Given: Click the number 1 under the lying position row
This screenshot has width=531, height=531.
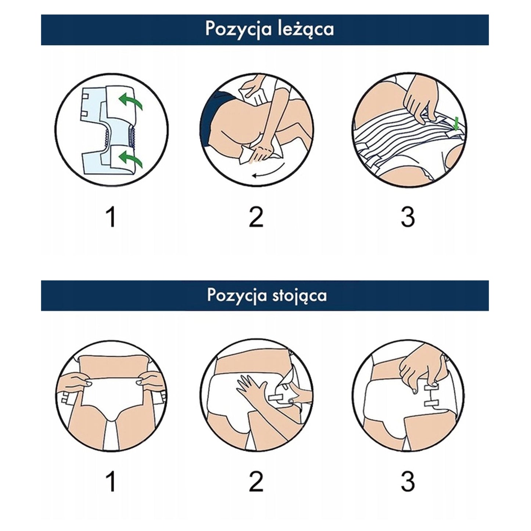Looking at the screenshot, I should tap(111, 217).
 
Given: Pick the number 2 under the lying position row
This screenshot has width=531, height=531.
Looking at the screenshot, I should tap(256, 217).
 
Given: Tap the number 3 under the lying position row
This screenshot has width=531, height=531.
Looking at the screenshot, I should tap(408, 217).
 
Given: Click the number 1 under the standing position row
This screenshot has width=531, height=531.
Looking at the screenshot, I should tap(111, 481).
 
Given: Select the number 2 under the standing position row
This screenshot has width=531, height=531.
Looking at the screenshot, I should tap(256, 481).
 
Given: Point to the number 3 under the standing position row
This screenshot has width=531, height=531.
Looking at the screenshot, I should tap(408, 481).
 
